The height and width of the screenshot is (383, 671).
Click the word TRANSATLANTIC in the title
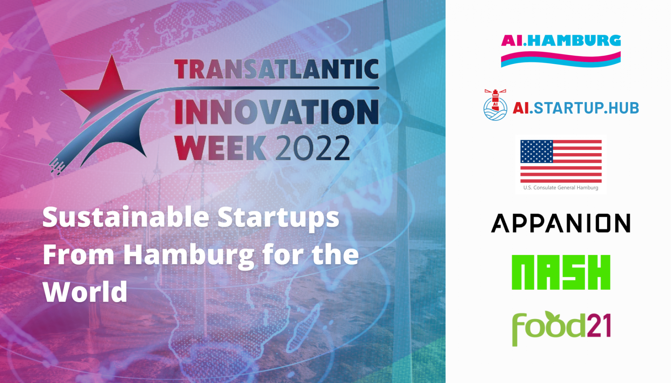[x=276, y=69]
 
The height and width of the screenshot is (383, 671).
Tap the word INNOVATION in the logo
[x=277, y=112]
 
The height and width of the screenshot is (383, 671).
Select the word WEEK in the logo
[x=220, y=148]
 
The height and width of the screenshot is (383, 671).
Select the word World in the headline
[x=85, y=292]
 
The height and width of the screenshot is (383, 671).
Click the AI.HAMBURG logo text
[x=561, y=40]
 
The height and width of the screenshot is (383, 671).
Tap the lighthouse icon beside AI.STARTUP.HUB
[x=495, y=105]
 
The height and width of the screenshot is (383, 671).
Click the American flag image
[x=561, y=161]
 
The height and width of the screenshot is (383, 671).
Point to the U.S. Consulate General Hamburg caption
[x=561, y=188]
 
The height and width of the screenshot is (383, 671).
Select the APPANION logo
[x=561, y=223]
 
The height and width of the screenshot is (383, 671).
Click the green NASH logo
[x=561, y=272]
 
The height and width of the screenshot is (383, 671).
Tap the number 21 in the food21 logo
[x=599, y=325]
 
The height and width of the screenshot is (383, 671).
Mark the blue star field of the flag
[x=536, y=151]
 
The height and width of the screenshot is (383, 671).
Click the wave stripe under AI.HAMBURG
[x=561, y=59]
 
